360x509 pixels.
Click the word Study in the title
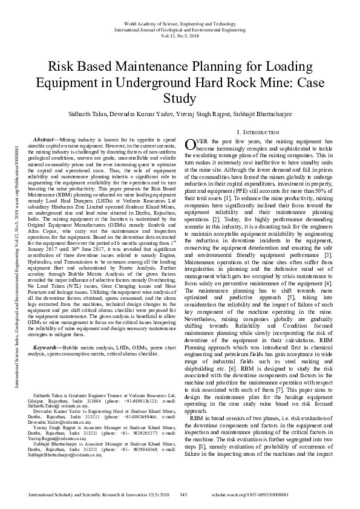(x=180, y=98)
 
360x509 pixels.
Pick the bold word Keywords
(x=48, y=331)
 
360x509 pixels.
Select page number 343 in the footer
(x=184, y=495)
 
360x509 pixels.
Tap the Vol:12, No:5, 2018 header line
(x=180, y=36)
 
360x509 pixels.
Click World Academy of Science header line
(x=180, y=22)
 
